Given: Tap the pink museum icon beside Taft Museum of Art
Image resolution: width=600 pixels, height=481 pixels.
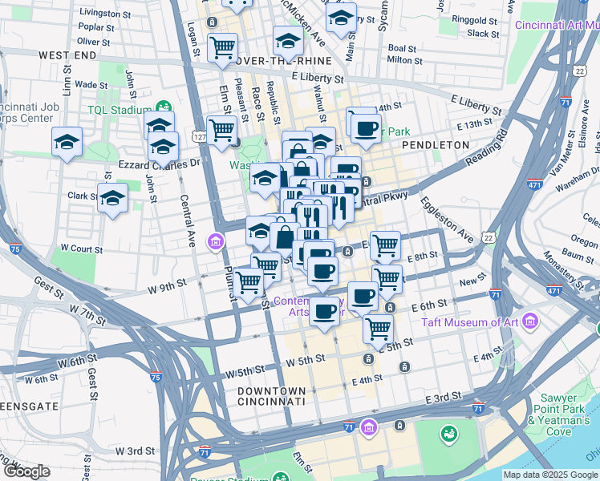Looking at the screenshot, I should tap(529, 322).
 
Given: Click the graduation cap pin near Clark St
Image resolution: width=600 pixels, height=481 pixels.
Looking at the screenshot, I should tap(112, 197).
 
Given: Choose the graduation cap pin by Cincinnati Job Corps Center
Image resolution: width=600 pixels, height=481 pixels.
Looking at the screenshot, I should tap(67, 142).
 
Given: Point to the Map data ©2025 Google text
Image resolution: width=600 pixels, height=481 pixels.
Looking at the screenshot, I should tap(549, 475).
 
